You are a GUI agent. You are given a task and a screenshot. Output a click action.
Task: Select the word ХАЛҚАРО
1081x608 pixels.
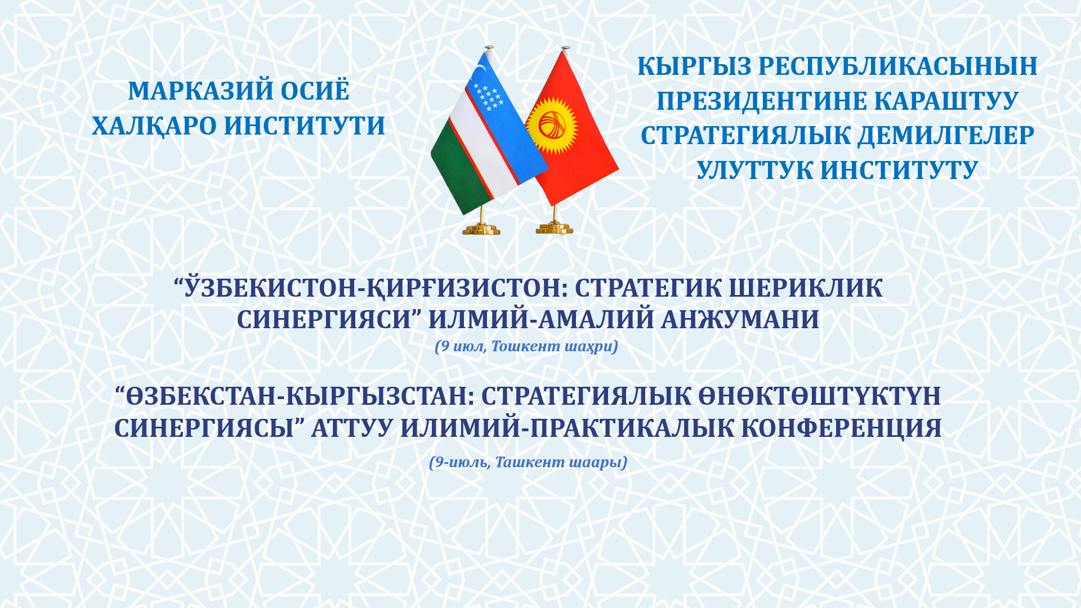pyautogui.click(x=154, y=126)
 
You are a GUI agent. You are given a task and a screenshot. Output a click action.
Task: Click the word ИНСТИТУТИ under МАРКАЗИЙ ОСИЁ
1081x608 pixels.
pyautogui.click(x=305, y=126)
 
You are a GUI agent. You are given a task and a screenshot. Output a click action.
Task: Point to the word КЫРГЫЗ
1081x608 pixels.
pyautogui.click(x=694, y=66)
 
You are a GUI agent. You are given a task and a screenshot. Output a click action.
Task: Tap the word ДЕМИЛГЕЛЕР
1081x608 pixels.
pyautogui.click(x=946, y=136)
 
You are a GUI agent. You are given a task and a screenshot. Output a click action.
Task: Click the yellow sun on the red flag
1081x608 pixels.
pyautogui.click(x=552, y=125)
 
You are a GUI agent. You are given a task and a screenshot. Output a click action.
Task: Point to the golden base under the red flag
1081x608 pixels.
pyautogui.click(x=554, y=228)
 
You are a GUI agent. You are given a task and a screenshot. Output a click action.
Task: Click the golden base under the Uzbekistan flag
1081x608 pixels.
pyautogui.click(x=481, y=229)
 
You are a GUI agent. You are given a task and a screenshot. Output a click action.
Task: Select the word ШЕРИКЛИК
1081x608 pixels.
pyautogui.click(x=806, y=288)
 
